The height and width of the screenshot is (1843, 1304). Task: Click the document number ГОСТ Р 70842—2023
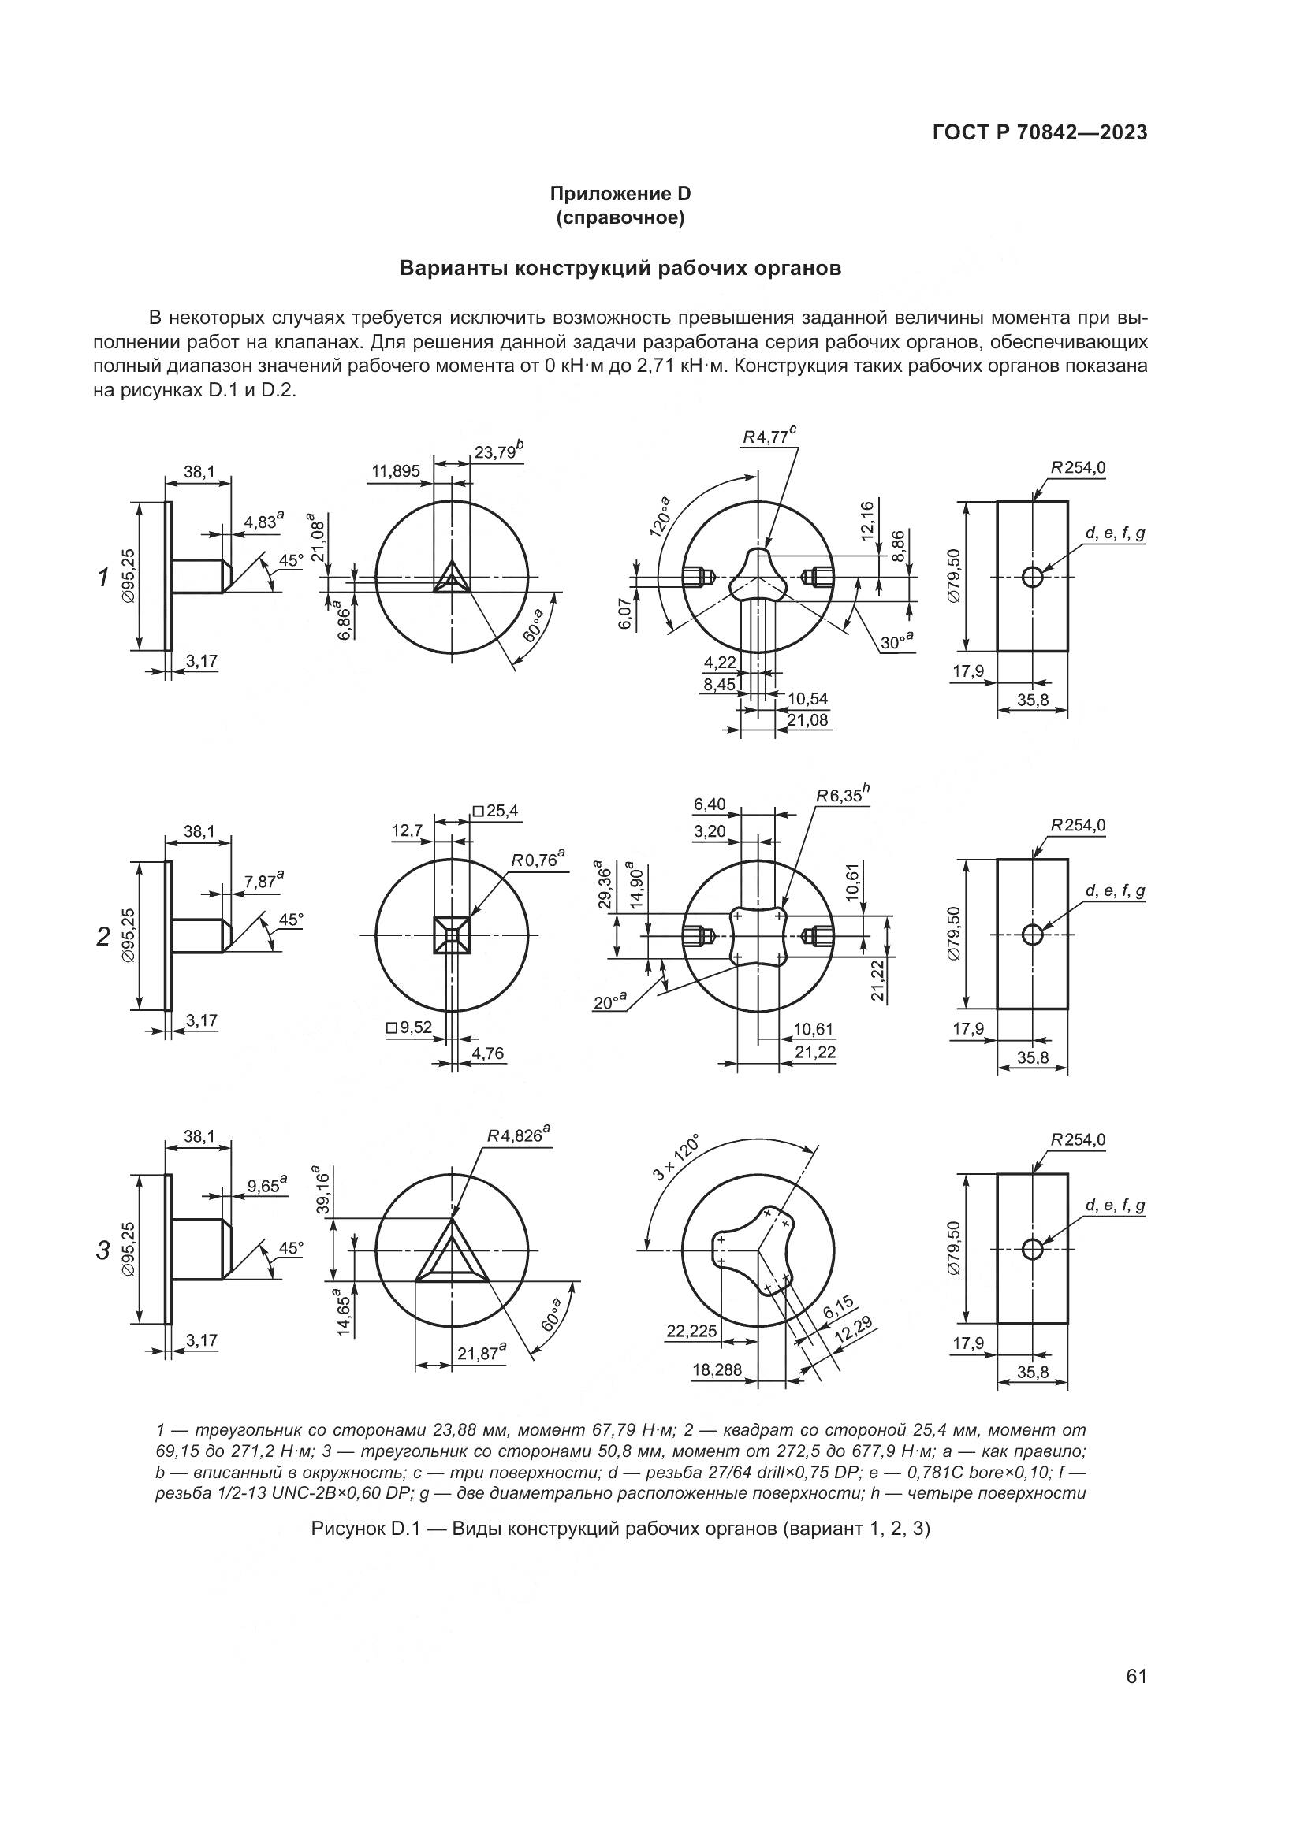tap(1040, 133)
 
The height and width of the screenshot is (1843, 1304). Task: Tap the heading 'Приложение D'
tap(620, 194)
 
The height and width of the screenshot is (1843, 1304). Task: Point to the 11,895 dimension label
tap(395, 471)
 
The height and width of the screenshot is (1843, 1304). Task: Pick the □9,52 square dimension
tap(408, 1027)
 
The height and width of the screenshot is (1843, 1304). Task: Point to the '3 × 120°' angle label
tap(677, 1157)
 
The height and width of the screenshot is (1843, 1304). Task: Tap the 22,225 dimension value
tap(691, 1332)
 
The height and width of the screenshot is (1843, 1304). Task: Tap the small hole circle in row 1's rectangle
tap(1032, 576)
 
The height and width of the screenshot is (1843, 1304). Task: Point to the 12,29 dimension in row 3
tap(855, 1333)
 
